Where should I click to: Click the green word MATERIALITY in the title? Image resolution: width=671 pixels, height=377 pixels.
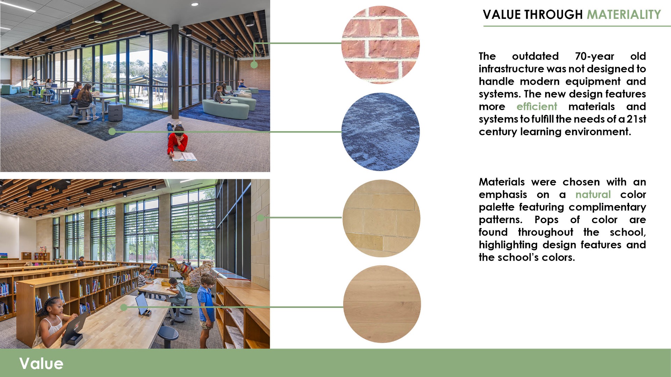(624, 15)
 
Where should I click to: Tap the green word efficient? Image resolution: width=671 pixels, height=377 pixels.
(537, 106)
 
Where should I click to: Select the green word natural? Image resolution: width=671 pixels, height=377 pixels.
(593, 194)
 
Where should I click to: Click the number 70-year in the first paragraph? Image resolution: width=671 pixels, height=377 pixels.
(594, 56)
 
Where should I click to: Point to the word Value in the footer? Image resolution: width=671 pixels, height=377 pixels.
(41, 363)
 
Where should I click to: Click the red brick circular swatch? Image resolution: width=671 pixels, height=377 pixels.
(381, 45)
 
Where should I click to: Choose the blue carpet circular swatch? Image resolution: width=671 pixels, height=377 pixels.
(381, 132)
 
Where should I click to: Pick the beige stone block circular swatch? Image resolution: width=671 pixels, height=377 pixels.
(382, 218)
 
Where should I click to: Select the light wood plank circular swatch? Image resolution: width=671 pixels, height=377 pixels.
(382, 304)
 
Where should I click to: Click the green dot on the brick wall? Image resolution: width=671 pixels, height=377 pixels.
(254, 65)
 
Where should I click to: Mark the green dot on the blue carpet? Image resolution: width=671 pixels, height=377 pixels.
(112, 132)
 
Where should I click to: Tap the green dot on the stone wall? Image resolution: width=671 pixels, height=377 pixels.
(260, 218)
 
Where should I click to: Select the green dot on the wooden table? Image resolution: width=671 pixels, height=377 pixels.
(124, 307)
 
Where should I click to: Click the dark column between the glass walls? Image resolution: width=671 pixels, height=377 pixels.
(175, 72)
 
